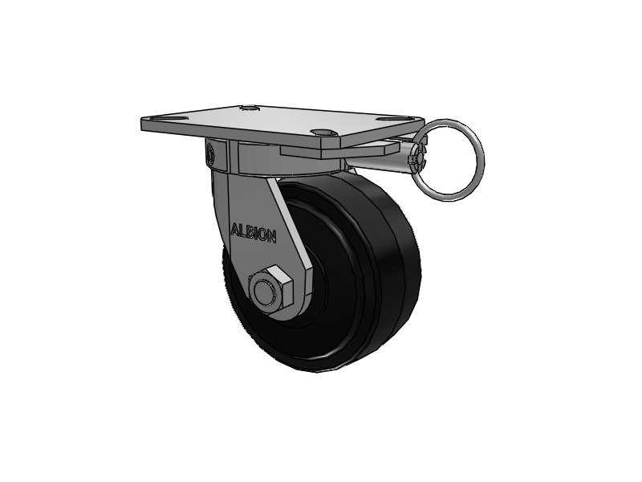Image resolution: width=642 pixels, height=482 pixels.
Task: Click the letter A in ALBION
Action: tap(235, 230)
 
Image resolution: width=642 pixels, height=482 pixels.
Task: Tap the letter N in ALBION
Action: tap(271, 236)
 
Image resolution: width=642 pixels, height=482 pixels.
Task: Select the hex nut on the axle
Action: tap(270, 289)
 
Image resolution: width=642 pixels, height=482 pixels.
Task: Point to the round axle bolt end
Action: tap(265, 292)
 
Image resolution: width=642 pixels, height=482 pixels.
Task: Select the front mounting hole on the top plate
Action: tap(323, 132)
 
